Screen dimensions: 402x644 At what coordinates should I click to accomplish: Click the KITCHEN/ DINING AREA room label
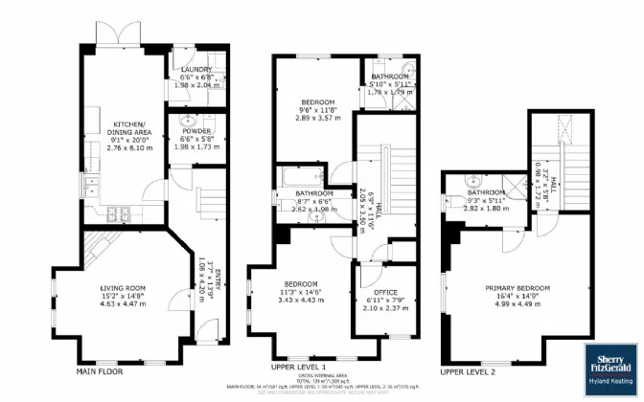(x=129, y=129)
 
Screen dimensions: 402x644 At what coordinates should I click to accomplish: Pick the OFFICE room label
(x=386, y=292)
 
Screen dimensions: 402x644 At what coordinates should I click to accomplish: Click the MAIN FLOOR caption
(x=100, y=369)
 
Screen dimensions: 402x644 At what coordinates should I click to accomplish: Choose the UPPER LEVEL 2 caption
(x=471, y=369)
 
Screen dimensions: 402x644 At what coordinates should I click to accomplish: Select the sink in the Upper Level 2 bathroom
(x=473, y=182)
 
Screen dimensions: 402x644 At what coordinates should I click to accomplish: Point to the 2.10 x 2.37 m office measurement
(x=386, y=308)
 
